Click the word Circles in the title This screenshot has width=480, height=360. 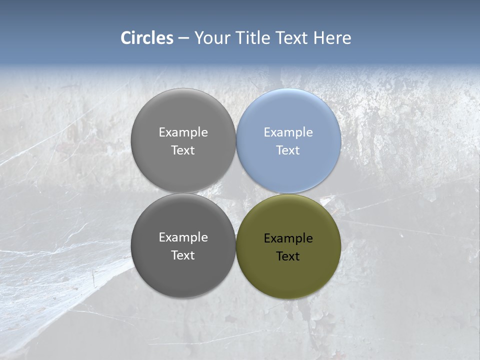click(x=147, y=38)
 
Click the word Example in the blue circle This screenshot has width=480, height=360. click(x=288, y=132)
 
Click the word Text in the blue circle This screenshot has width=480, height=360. click(x=288, y=150)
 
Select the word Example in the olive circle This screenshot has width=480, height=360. click(x=288, y=238)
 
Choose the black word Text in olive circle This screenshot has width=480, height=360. click(x=288, y=256)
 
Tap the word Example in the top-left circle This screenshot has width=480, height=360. click(x=183, y=132)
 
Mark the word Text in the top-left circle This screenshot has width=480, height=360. click(x=183, y=150)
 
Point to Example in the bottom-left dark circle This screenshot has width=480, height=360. click(x=183, y=237)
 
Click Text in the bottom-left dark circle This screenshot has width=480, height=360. click(x=183, y=255)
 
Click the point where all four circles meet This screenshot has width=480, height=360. click(x=236, y=193)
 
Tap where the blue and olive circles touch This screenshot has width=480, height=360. click(x=288, y=193)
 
